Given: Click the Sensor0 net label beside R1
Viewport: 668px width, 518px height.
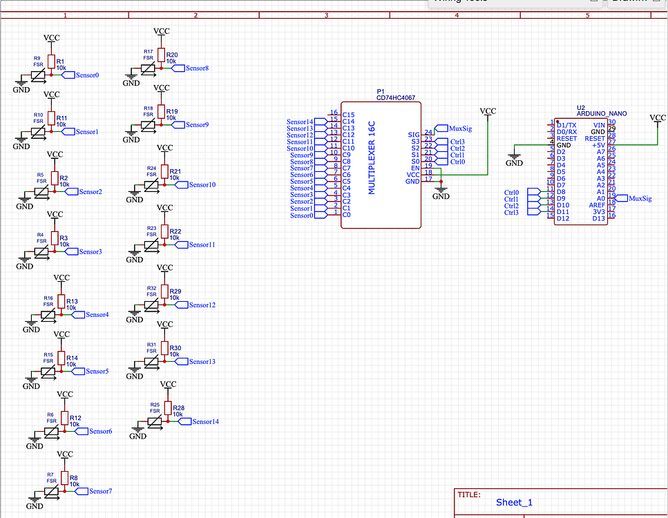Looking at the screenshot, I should click(x=87, y=75).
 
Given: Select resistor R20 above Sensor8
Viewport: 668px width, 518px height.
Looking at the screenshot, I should click(x=161, y=55).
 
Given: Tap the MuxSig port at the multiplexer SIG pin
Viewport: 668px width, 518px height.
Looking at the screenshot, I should click(x=459, y=128).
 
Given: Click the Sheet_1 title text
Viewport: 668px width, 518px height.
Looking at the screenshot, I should click(x=514, y=502).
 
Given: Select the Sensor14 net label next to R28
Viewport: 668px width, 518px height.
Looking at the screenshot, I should click(x=205, y=421).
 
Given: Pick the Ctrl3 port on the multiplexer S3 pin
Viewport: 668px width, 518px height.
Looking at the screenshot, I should click(x=457, y=142).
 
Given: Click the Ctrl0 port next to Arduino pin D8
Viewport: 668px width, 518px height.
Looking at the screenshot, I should click(x=512, y=193).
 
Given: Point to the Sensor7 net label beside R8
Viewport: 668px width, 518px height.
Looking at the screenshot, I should click(x=100, y=491).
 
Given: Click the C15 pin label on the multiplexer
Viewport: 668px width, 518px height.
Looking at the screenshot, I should click(x=348, y=115).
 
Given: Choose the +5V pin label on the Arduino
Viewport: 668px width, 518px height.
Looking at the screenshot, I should click(x=598, y=146).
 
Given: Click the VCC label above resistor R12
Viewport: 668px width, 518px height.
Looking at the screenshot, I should click(x=65, y=394).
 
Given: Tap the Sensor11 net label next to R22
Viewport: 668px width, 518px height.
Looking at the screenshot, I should click(x=202, y=244).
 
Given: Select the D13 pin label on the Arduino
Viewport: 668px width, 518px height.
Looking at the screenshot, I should click(x=598, y=218).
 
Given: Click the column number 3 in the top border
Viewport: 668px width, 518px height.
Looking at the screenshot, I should click(x=326, y=15).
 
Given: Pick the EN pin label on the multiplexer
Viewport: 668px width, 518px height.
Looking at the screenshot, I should click(x=415, y=168).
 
